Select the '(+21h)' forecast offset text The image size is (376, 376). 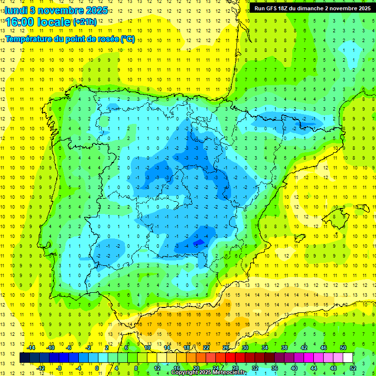[x=85, y=22]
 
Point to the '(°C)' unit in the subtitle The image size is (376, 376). [x=127, y=39]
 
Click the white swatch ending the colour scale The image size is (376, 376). [x=348, y=358]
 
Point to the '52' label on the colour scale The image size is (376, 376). [x=353, y=368]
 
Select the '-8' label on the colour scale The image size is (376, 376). [x=59, y=368]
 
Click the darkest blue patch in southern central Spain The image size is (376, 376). [x=199, y=242]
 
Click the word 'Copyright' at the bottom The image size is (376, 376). [x=185, y=373]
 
